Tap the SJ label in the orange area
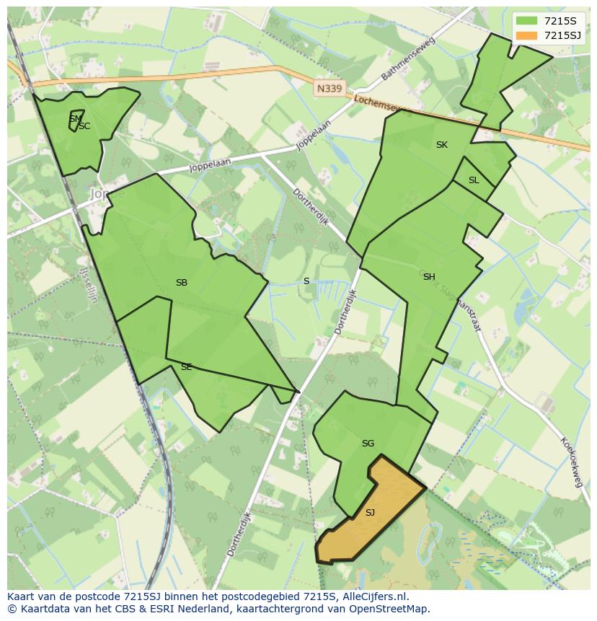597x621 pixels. (370, 513)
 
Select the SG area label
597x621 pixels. (368, 444)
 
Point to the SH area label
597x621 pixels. (429, 277)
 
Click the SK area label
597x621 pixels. (442, 145)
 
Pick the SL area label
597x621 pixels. (474, 180)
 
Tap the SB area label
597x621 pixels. (182, 283)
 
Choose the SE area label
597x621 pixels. (186, 367)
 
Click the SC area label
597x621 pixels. (85, 127)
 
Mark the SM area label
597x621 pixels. (75, 118)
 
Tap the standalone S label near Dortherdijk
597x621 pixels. (306, 281)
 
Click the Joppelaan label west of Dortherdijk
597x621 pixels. (210, 165)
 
